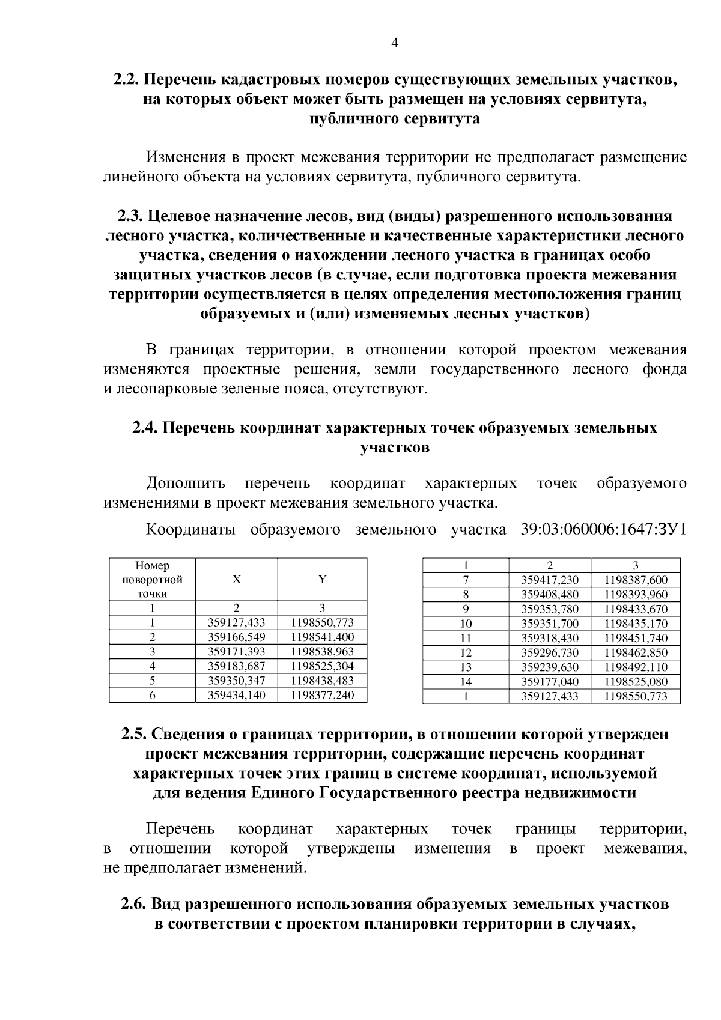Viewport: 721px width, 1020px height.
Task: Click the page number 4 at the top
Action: (395, 42)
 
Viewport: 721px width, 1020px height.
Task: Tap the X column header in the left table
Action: (237, 579)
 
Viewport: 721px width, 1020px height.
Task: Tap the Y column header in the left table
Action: (322, 579)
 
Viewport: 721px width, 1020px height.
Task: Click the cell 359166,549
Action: (236, 637)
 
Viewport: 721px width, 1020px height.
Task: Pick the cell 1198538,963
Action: (322, 651)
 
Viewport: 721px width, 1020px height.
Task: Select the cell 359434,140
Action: (236, 695)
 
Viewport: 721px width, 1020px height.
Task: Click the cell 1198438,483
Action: (322, 681)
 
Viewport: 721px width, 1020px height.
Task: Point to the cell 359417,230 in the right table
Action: (550, 580)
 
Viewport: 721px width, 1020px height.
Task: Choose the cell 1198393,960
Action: (636, 595)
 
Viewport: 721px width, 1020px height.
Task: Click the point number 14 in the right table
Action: (466, 682)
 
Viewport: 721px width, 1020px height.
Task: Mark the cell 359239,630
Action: (550, 667)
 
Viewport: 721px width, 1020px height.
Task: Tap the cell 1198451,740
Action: (636, 638)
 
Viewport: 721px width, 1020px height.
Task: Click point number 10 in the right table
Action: (466, 624)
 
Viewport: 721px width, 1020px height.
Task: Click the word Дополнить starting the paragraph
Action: (186, 483)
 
